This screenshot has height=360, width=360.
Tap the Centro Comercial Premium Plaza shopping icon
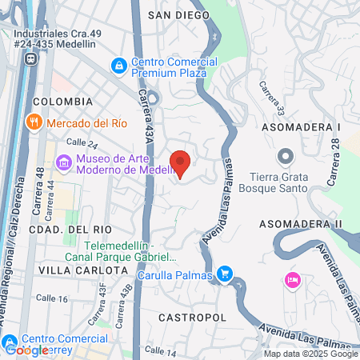pyautogui.click(x=119, y=63)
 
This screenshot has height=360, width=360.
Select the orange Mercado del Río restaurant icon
pyautogui.click(x=33, y=122)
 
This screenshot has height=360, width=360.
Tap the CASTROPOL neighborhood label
pyautogui.click(x=192, y=318)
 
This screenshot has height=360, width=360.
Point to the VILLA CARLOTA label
pyautogui.click(x=70, y=271)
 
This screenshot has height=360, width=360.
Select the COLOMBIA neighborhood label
pyautogui.click(x=62, y=102)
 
